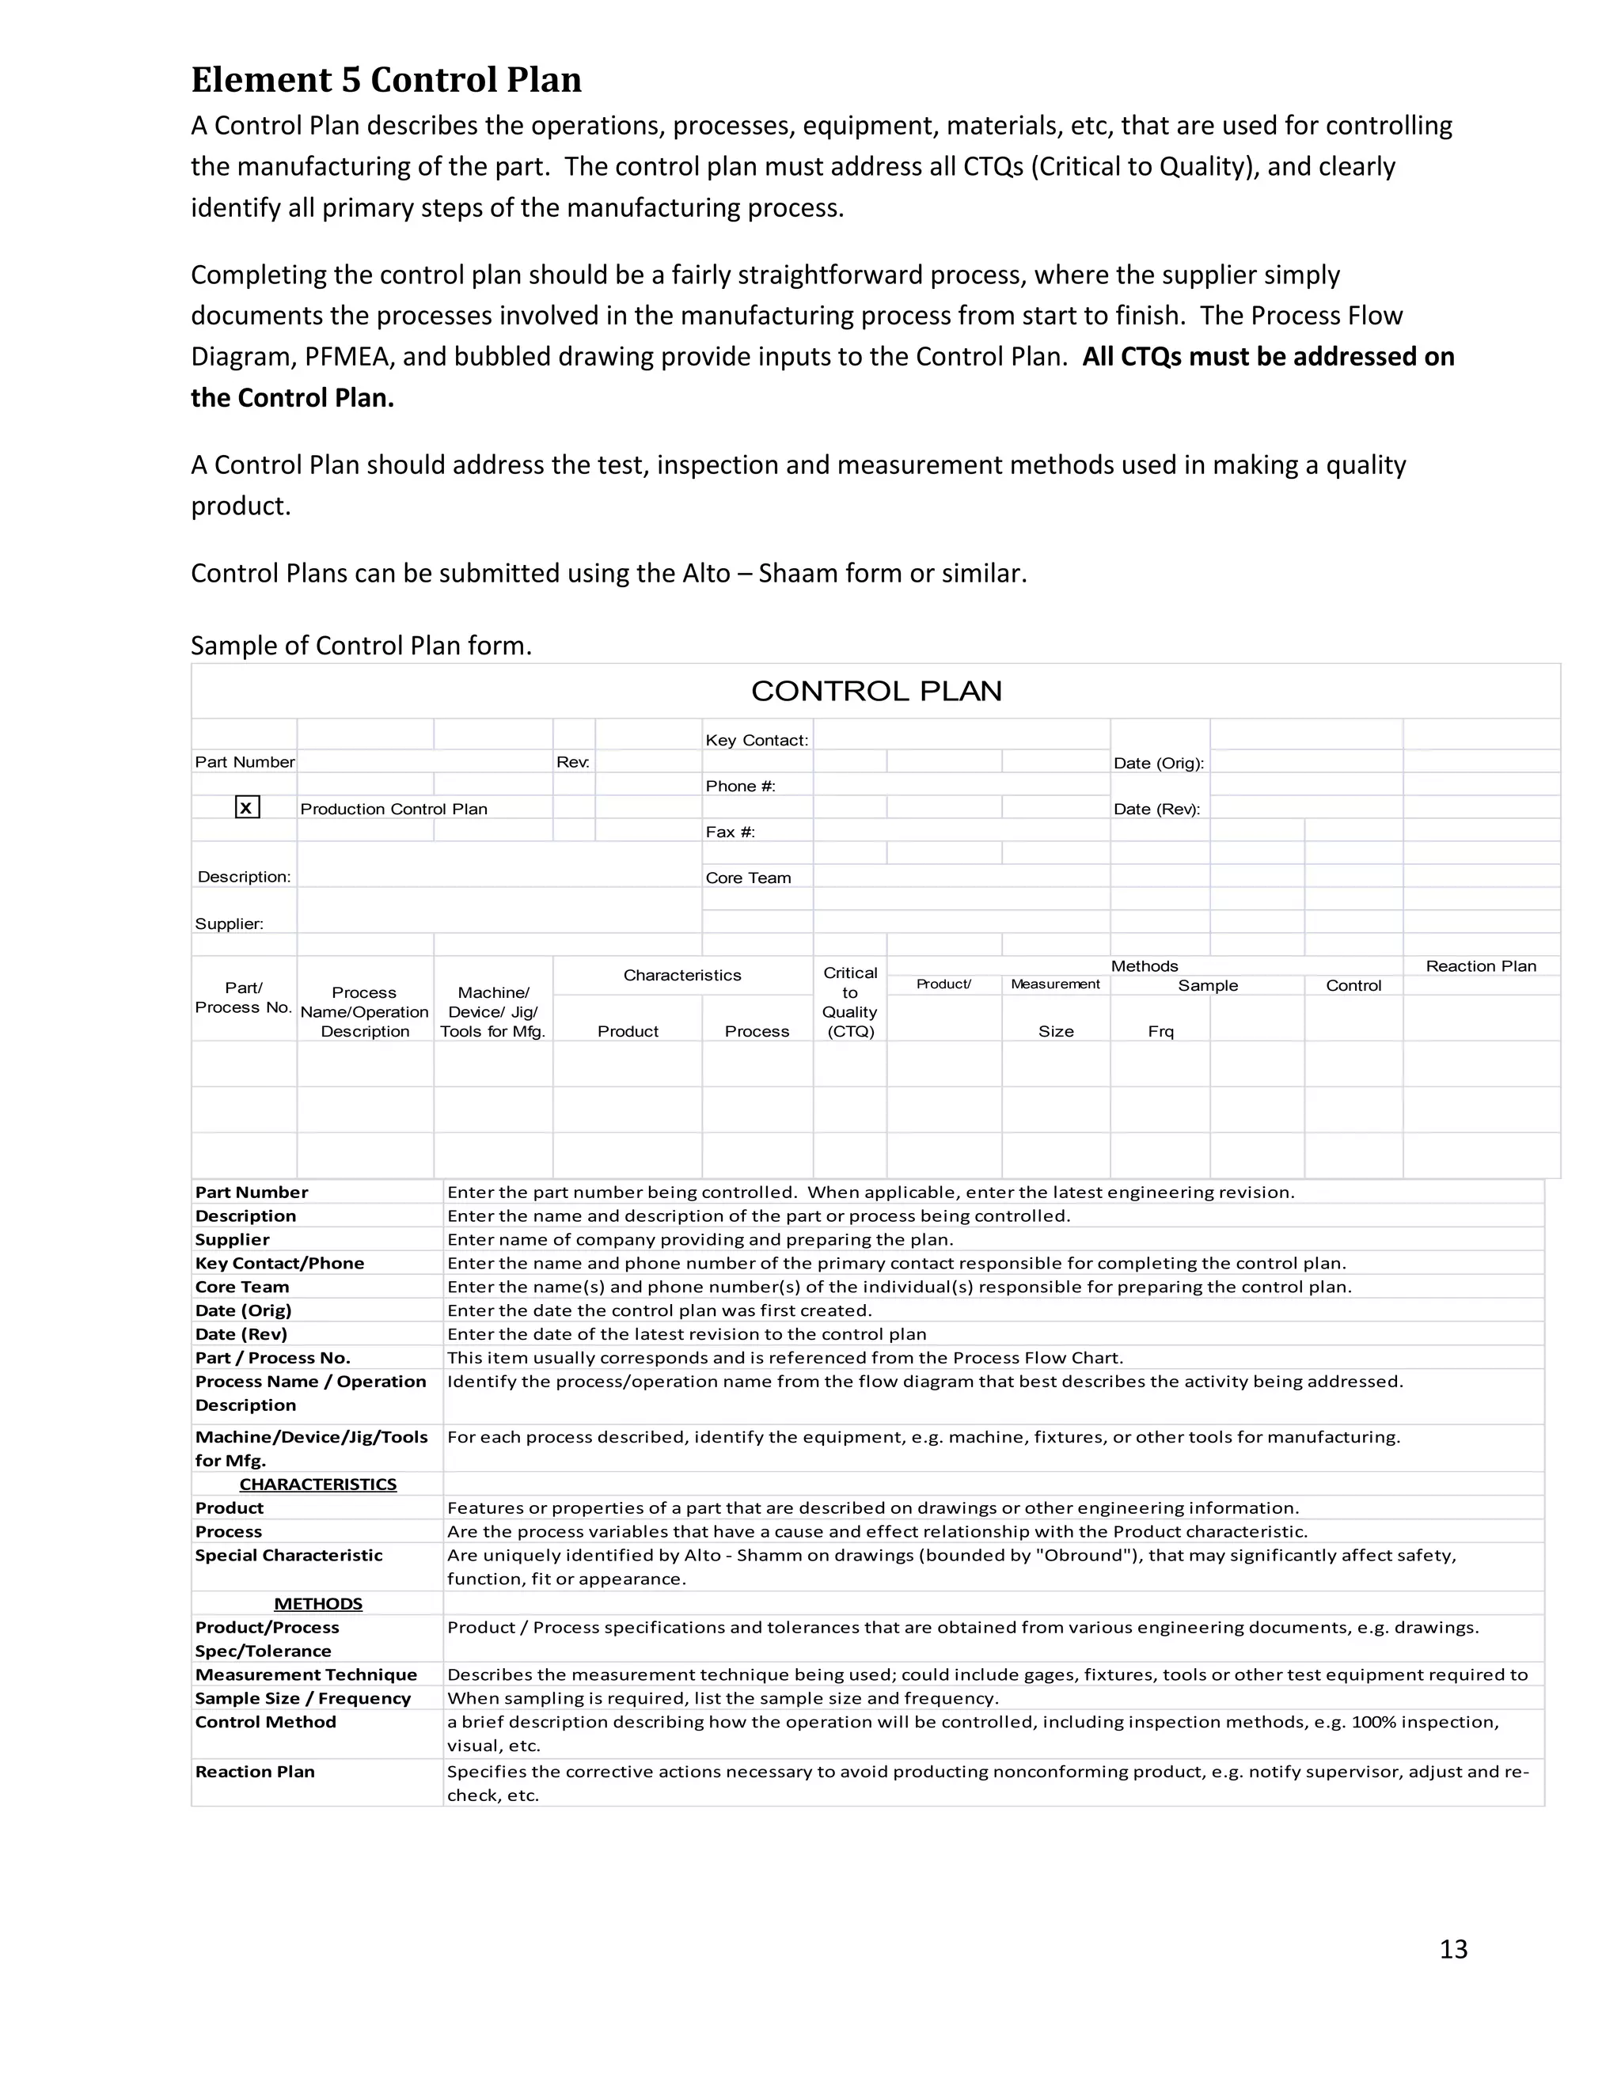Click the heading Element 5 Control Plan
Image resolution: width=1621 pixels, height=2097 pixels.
386,80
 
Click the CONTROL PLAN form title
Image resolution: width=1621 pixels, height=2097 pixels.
876,692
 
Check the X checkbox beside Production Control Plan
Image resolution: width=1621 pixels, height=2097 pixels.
247,807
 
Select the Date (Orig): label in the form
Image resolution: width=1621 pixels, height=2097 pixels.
1158,764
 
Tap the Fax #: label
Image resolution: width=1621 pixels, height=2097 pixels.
730,832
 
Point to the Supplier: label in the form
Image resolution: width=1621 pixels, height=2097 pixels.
229,923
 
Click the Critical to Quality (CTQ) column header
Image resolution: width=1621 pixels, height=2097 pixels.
850,1003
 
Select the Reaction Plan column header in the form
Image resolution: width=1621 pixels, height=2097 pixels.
1480,966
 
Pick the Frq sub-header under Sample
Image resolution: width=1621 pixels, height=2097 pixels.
1160,1031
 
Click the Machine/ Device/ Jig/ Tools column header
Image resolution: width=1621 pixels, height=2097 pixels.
492,1012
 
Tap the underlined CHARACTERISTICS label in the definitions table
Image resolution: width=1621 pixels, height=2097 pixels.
318,1485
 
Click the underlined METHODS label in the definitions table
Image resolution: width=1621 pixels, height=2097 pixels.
318,1605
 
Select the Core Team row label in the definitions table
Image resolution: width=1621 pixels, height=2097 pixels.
242,1287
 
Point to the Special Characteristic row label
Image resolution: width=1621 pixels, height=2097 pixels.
288,1556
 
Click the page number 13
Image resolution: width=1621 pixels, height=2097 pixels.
1453,1949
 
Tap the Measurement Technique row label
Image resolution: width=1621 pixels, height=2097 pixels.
306,1674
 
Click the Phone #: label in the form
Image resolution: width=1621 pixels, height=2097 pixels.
739,787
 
